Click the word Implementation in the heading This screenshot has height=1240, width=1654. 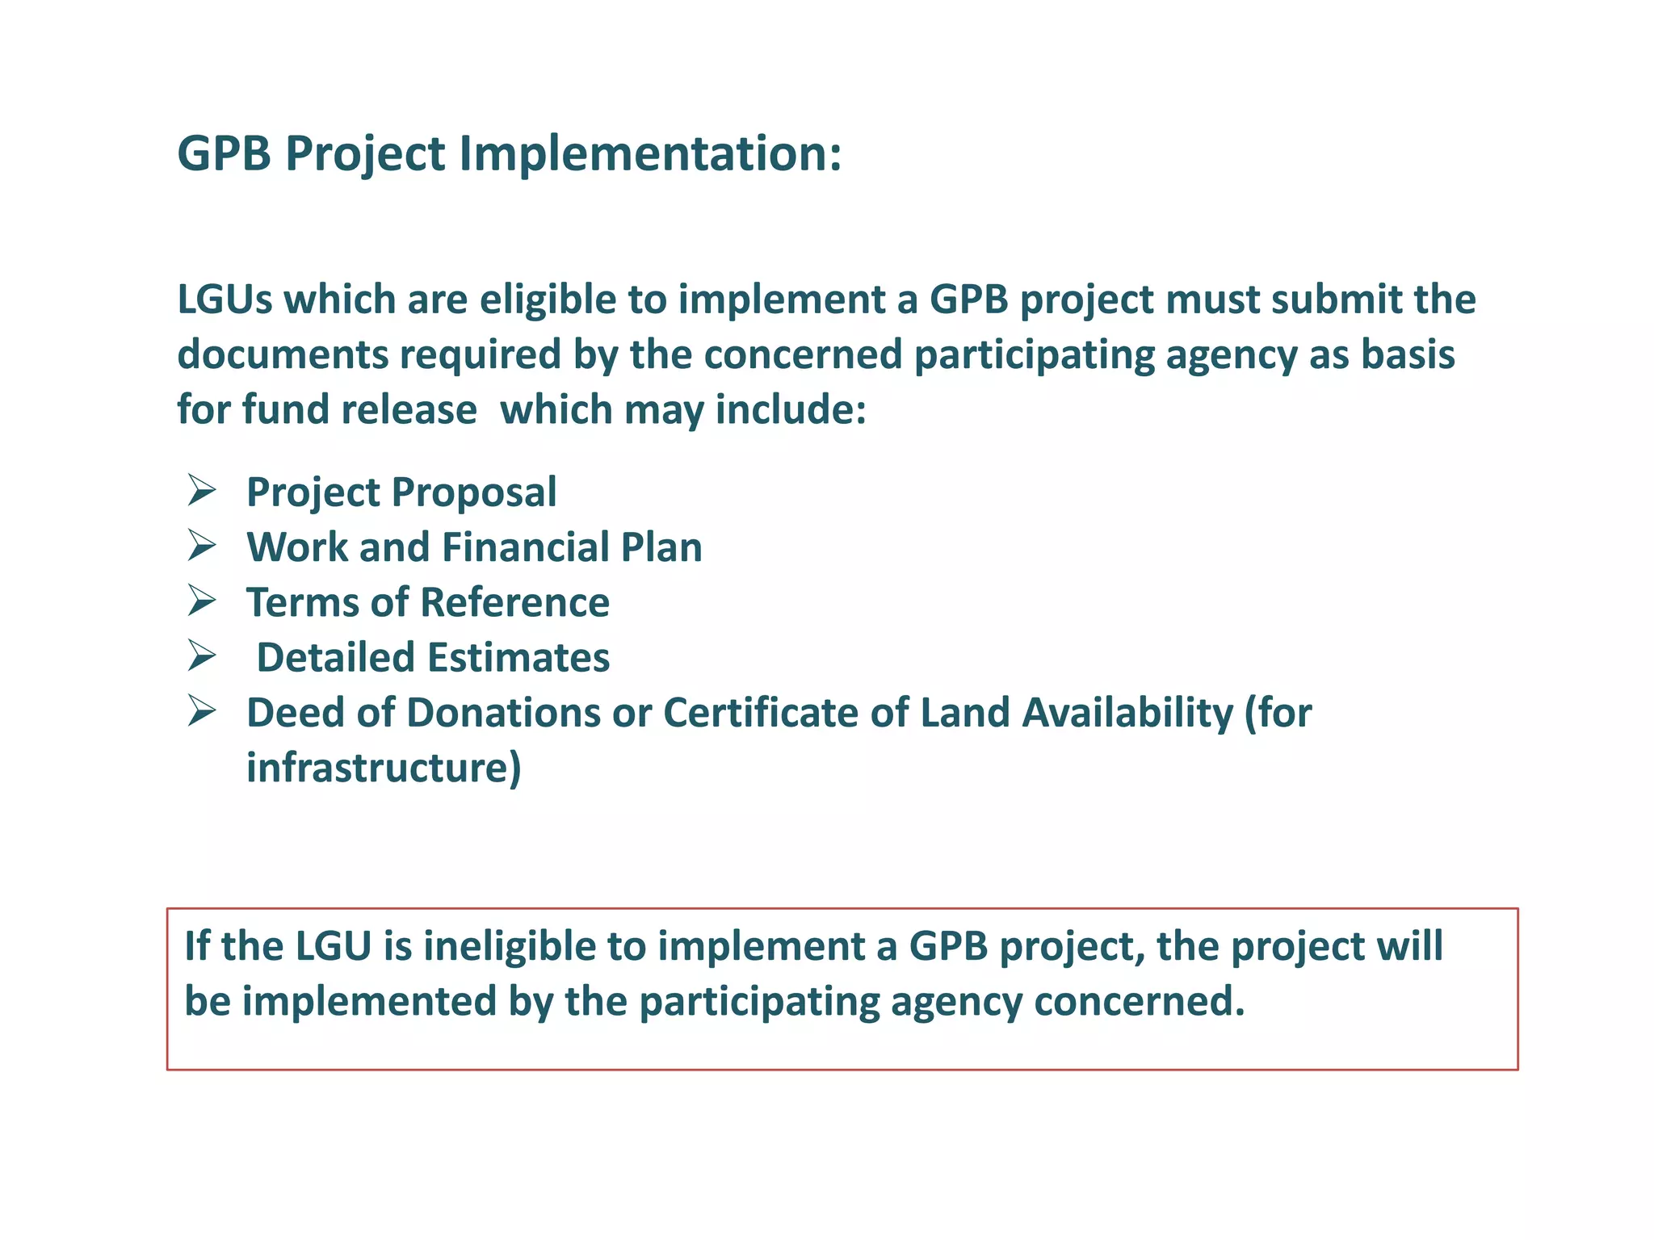[650, 153]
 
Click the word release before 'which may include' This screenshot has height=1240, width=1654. [409, 409]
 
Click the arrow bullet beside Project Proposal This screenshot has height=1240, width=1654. [201, 491]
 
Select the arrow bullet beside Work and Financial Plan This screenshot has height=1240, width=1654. [201, 546]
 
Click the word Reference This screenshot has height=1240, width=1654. [514, 602]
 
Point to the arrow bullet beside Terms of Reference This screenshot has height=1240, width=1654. [201, 601]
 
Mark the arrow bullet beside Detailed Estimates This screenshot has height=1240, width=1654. [201, 656]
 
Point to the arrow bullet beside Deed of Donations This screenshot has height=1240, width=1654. [201, 711]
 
